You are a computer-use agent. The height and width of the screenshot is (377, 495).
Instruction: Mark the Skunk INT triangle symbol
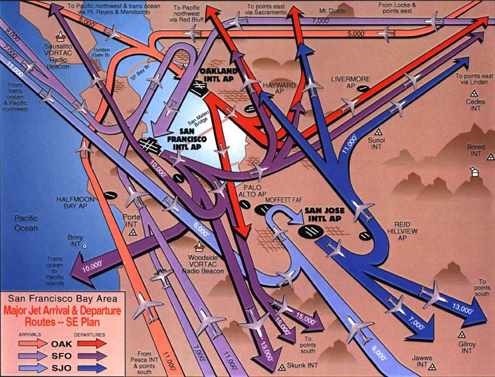(x=282, y=366)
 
